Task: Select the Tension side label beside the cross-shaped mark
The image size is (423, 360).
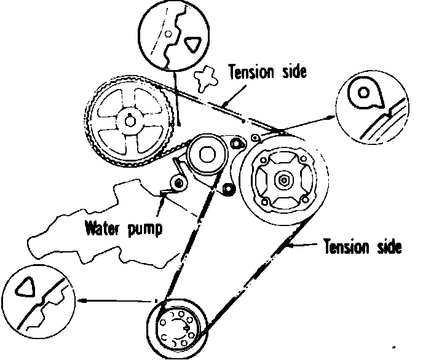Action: [x=267, y=72]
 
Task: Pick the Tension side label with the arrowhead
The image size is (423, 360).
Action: [x=363, y=247]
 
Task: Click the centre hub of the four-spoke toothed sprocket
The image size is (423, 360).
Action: [x=129, y=121]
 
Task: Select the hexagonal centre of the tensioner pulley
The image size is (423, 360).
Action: [x=205, y=155]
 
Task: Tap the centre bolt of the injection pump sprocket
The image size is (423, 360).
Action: [x=283, y=180]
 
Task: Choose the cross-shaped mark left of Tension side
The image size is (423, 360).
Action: [x=206, y=79]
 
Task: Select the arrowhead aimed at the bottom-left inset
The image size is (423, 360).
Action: [x=81, y=301]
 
